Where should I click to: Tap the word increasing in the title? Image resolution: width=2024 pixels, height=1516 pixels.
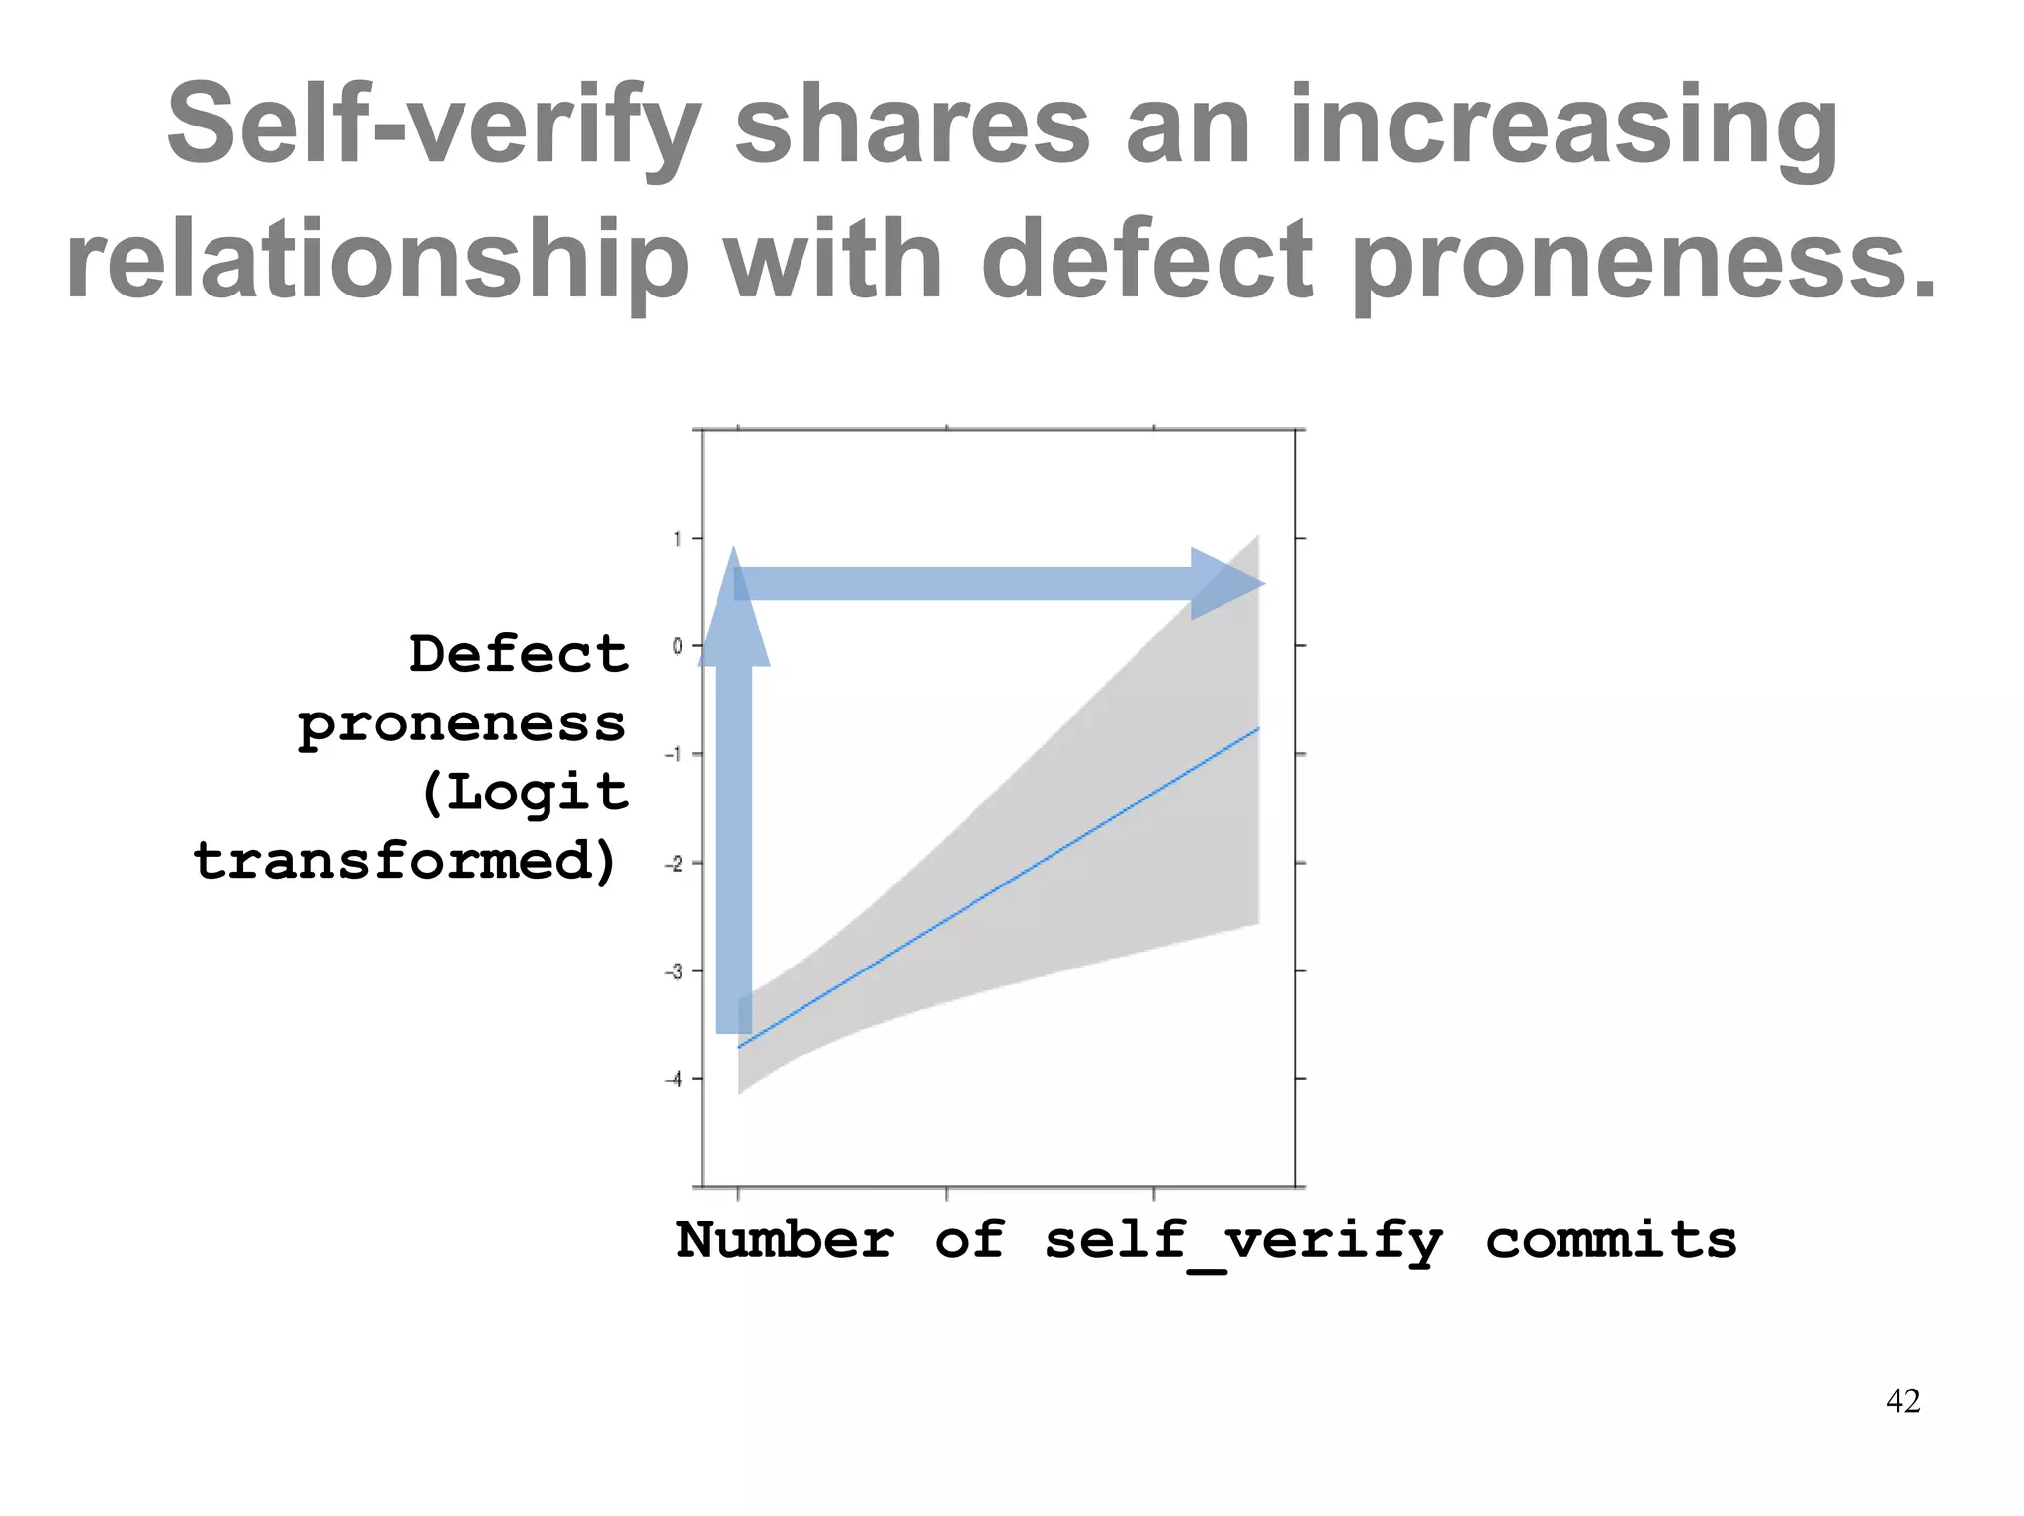click(x=1563, y=126)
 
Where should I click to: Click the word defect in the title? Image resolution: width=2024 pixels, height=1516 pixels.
click(x=1147, y=261)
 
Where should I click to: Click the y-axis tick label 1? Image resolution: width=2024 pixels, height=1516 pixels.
click(x=678, y=539)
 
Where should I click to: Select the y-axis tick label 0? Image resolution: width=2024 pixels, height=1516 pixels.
click(x=678, y=646)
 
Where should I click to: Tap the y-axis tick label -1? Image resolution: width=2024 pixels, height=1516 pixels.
click(x=674, y=755)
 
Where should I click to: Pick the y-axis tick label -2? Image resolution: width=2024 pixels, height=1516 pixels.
click(x=674, y=864)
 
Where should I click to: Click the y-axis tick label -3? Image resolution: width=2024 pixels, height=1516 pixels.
click(x=674, y=971)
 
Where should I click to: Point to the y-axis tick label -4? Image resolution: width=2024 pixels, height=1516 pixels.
click(x=674, y=1079)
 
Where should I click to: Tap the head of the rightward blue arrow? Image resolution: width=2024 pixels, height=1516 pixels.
click(x=1225, y=584)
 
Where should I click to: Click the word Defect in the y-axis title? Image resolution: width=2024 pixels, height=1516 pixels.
click(x=519, y=654)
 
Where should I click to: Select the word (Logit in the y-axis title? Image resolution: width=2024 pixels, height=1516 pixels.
click(x=524, y=793)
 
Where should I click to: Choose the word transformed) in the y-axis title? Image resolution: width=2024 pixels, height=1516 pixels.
click(x=405, y=861)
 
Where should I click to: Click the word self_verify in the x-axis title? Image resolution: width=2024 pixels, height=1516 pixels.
click(x=1243, y=1241)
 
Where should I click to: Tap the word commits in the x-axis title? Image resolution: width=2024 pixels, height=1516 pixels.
click(x=1611, y=1241)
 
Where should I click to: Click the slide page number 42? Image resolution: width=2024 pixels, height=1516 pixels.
click(x=1902, y=1401)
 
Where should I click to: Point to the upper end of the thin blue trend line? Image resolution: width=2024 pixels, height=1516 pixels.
click(x=1257, y=729)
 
